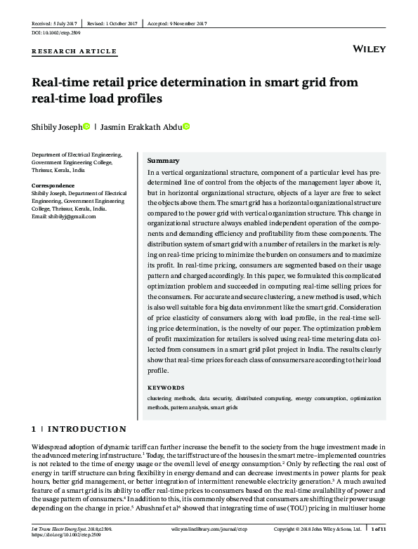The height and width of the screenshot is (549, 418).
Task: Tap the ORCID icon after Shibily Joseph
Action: coord(86,127)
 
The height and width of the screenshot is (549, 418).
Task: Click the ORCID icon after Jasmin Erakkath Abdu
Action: coord(187,127)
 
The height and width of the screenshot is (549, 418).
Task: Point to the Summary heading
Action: coord(163,161)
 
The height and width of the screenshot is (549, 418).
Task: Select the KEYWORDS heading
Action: coord(166,387)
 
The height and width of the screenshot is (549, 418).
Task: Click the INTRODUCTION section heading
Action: coord(86,429)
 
